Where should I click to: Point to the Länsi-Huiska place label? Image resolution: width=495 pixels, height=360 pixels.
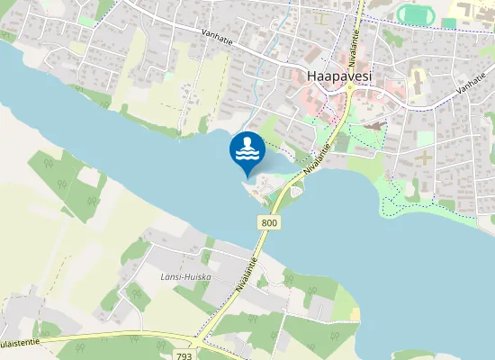pos(186,276)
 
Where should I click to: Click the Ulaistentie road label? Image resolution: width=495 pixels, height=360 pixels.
pos(18,343)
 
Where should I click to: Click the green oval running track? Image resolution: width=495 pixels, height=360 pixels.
pos(414,13)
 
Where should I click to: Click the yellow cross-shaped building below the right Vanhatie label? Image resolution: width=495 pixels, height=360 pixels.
pos(422,158)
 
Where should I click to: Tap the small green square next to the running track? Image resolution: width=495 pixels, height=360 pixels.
pos(448,22)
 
